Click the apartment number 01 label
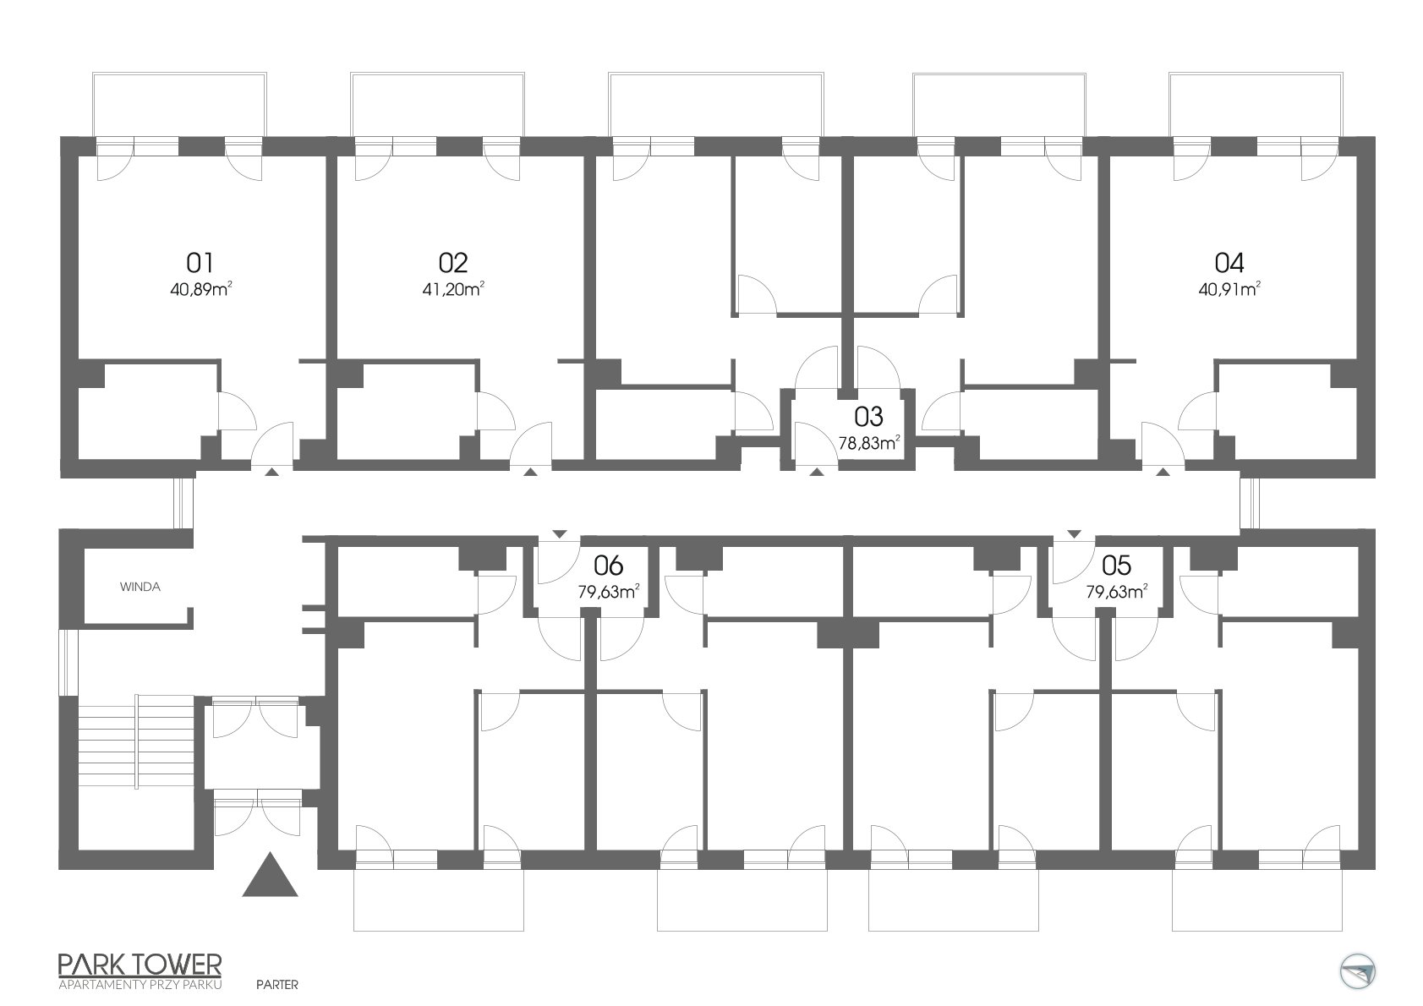click(200, 262)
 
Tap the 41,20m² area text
click(453, 289)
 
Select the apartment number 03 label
click(868, 417)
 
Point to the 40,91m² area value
click(1229, 289)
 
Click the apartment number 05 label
click(1117, 565)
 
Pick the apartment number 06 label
click(609, 565)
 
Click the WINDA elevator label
click(140, 587)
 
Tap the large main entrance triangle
click(270, 876)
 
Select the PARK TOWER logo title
click(140, 964)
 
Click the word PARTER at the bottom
click(277, 984)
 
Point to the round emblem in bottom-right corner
click(1357, 972)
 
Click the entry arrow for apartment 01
click(271, 472)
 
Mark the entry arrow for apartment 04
click(1163, 472)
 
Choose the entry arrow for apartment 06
click(559, 534)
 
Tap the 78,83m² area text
click(868, 443)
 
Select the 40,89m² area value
click(200, 289)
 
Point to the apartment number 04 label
click(1229, 262)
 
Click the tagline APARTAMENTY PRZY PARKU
click(140, 985)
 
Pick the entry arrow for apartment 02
click(530, 472)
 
